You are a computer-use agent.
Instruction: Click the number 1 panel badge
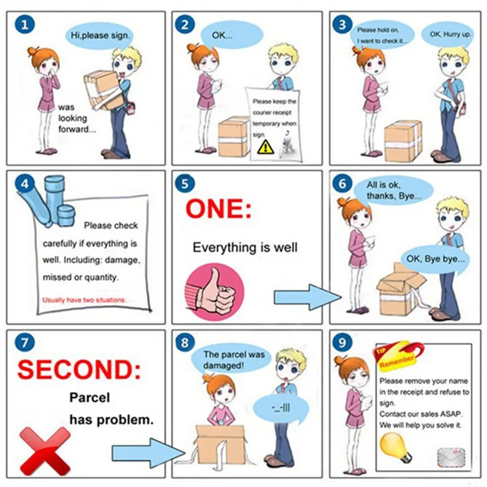pyautogui.click(x=24, y=24)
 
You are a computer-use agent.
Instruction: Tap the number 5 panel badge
pyautogui.click(x=185, y=183)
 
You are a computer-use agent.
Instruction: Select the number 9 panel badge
pyautogui.click(x=343, y=343)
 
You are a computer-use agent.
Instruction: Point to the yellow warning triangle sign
pyautogui.click(x=266, y=147)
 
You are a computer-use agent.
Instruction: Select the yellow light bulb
pyautogui.click(x=395, y=447)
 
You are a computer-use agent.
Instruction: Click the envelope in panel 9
pyautogui.click(x=451, y=457)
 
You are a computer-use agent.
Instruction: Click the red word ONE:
pyautogui.click(x=219, y=209)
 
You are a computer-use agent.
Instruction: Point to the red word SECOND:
pyautogui.click(x=79, y=370)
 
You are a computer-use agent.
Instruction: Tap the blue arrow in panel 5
pyautogui.click(x=307, y=297)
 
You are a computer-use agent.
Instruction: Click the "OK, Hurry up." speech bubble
pyautogui.click(x=449, y=35)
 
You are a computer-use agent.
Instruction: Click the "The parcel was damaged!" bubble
pyautogui.click(x=232, y=360)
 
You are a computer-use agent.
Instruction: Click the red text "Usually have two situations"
pyautogui.click(x=84, y=300)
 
